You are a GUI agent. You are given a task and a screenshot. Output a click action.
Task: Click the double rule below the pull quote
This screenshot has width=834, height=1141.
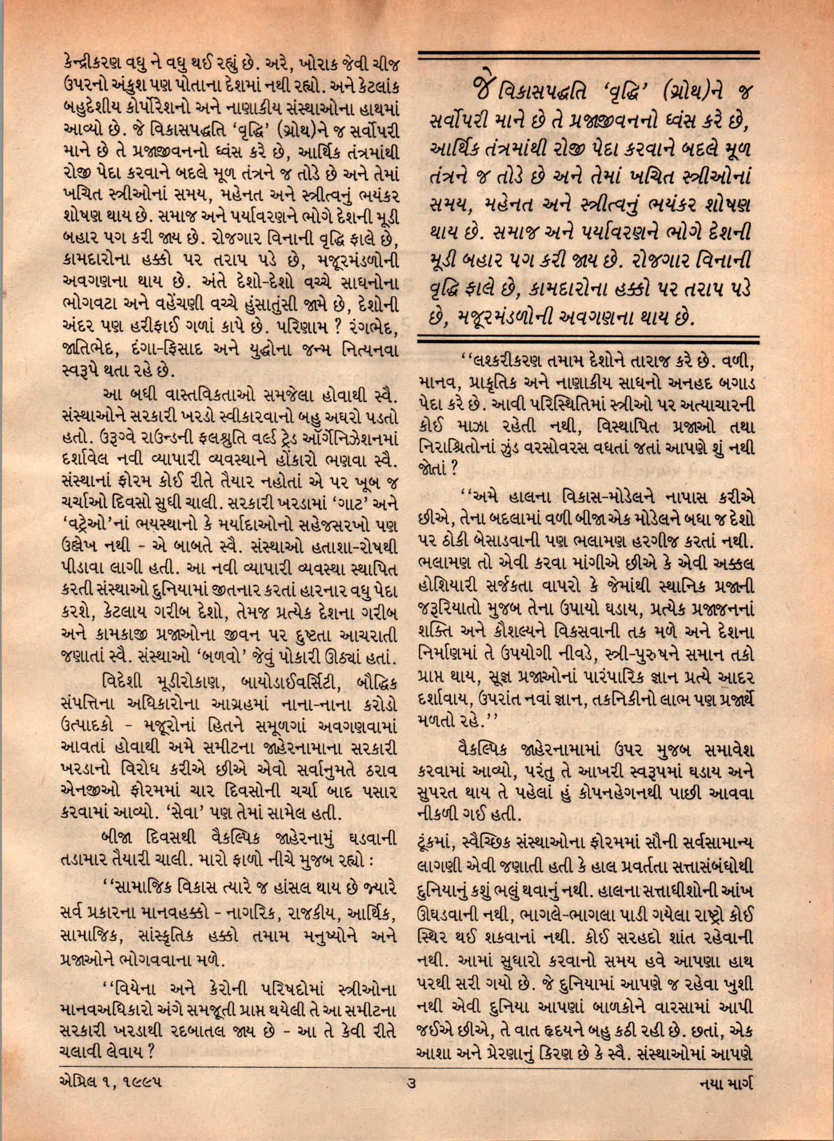tap(589, 340)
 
